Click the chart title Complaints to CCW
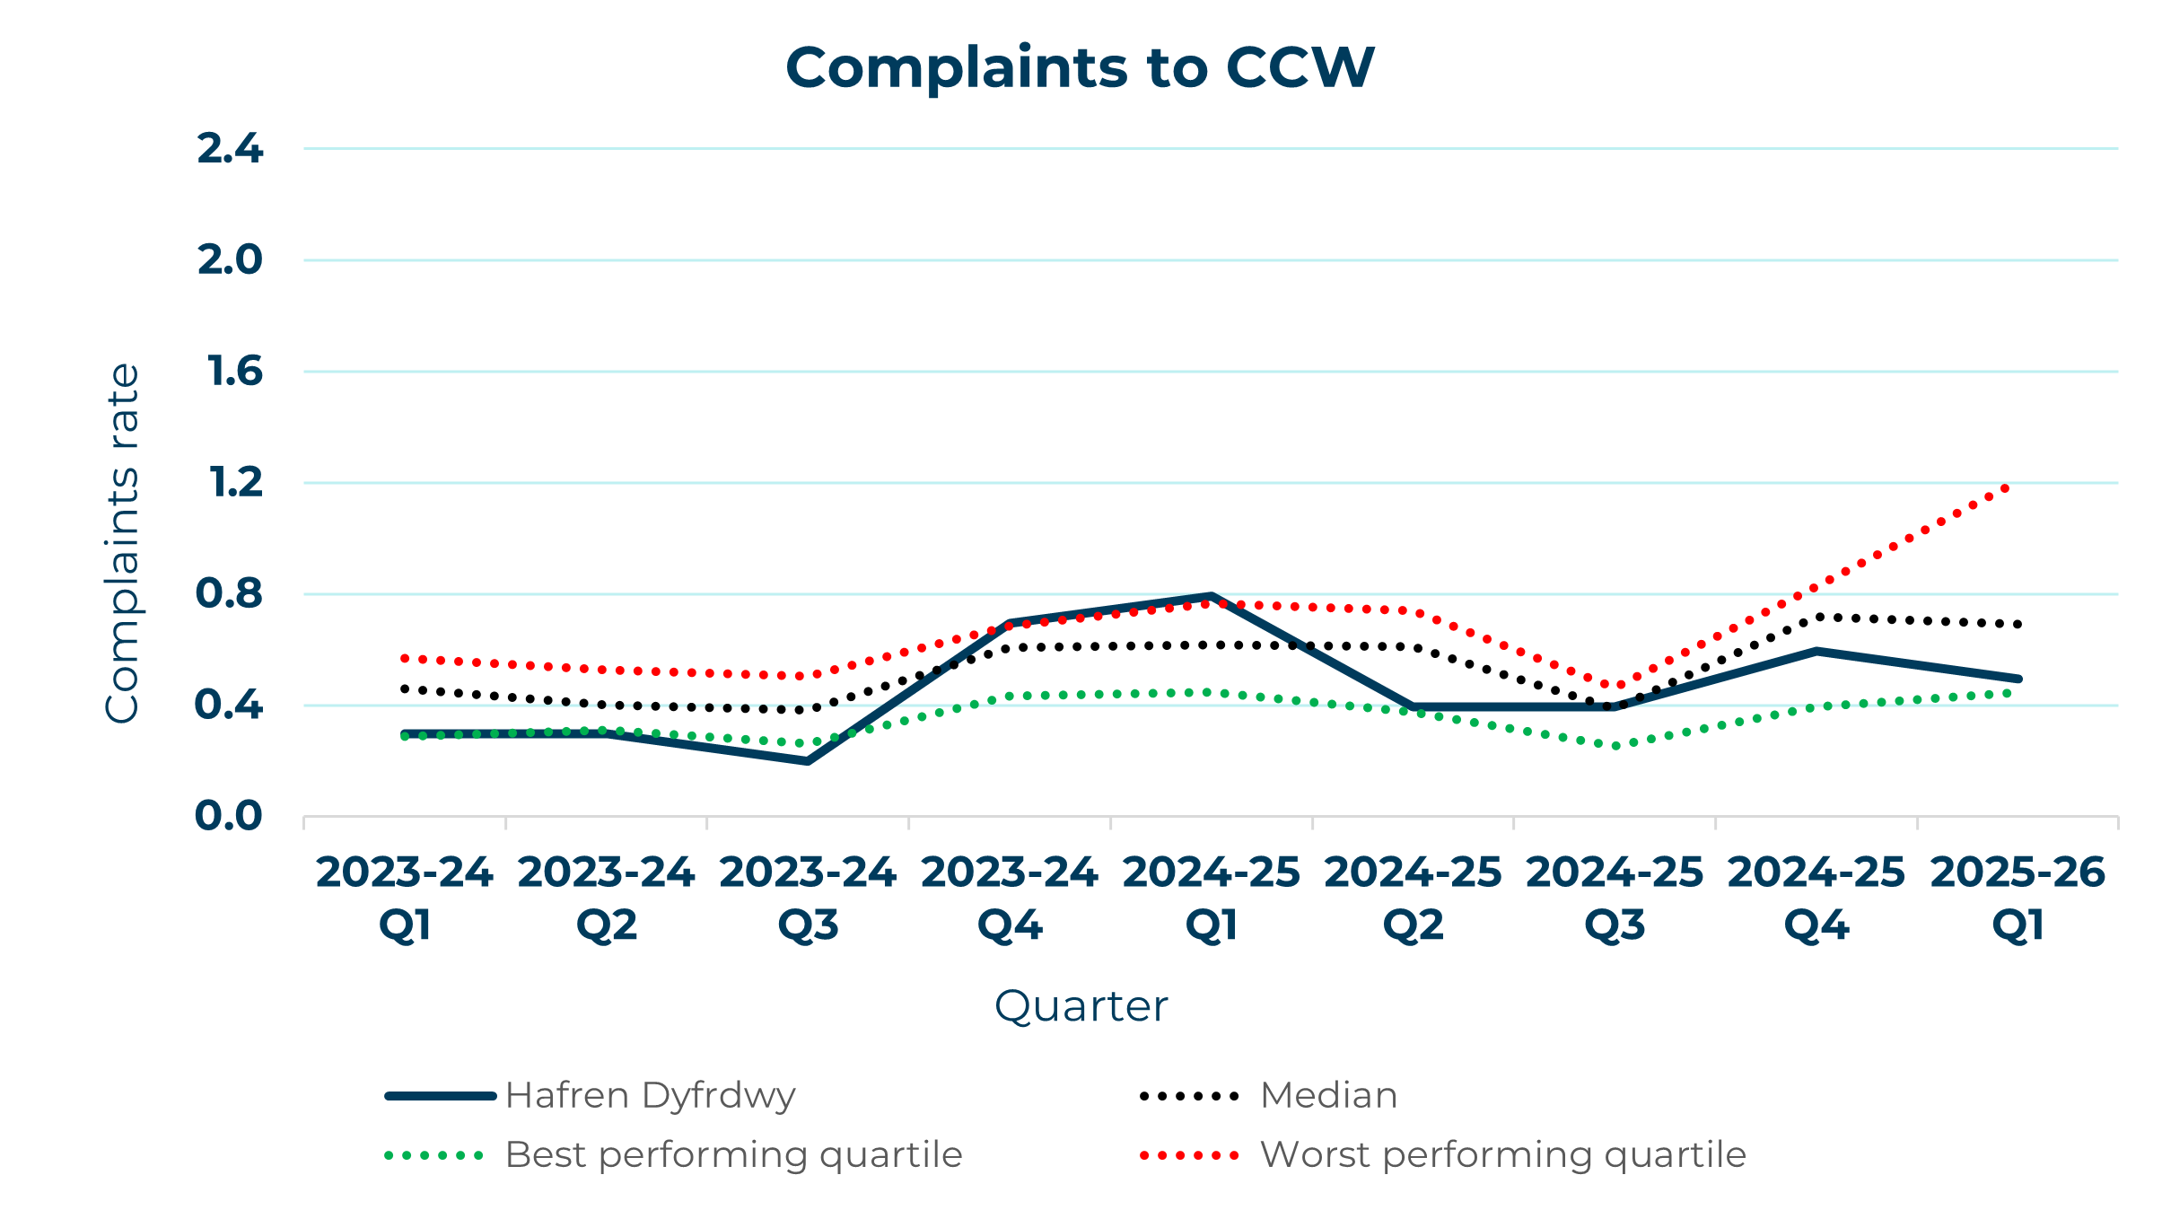click(1080, 68)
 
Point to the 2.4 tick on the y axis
click(230, 149)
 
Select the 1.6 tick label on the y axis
click(234, 372)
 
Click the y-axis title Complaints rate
click(123, 543)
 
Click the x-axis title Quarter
click(1081, 1006)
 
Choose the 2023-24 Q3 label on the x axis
click(808, 898)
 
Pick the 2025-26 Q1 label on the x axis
click(2018, 898)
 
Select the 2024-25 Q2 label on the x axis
click(1413, 898)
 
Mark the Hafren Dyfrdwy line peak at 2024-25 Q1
click(1211, 596)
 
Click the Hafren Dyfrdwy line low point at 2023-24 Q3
click(808, 761)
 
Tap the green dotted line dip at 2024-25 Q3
click(1615, 746)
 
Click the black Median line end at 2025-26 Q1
click(2018, 624)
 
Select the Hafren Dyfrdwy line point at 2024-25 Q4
click(1816, 651)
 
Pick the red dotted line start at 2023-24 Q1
click(405, 659)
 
